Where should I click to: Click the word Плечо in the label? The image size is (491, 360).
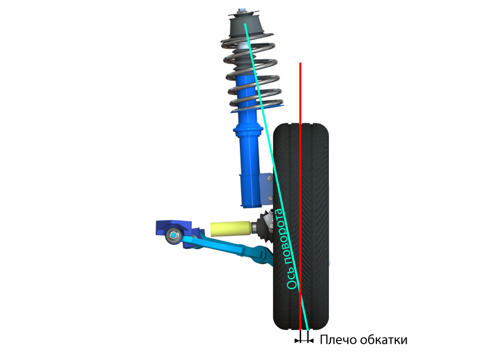pyautogui.click(x=338, y=340)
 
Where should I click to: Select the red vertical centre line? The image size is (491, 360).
pyautogui.click(x=300, y=196)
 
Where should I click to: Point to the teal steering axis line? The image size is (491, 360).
pyautogui.click(x=277, y=177)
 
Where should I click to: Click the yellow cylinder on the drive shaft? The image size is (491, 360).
pyautogui.click(x=231, y=229)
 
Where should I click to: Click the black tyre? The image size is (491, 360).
pyautogui.click(x=301, y=227)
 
